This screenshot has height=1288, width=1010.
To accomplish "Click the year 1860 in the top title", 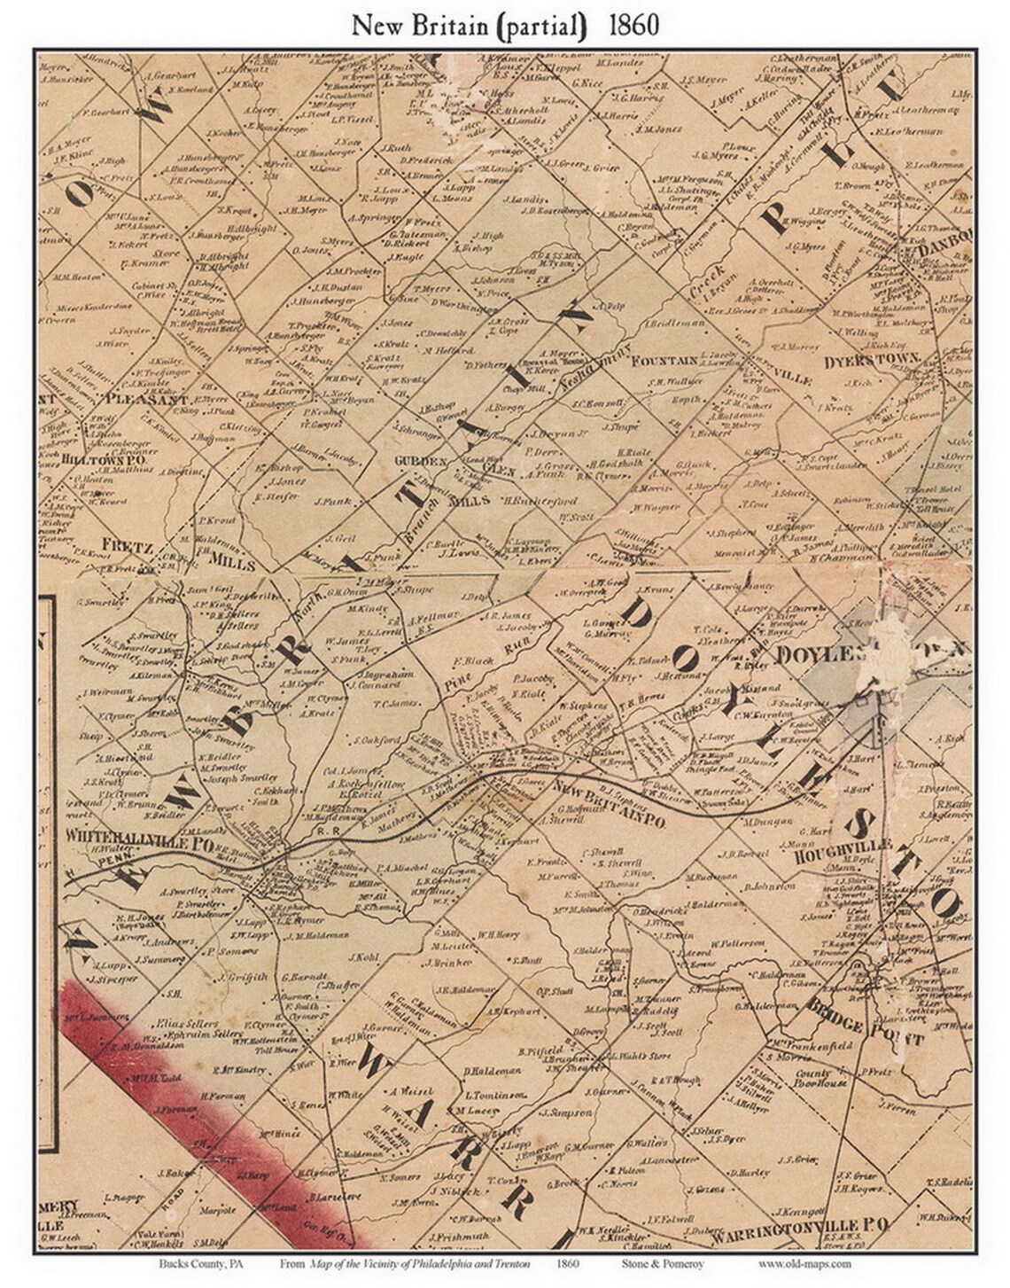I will (x=633, y=25).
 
